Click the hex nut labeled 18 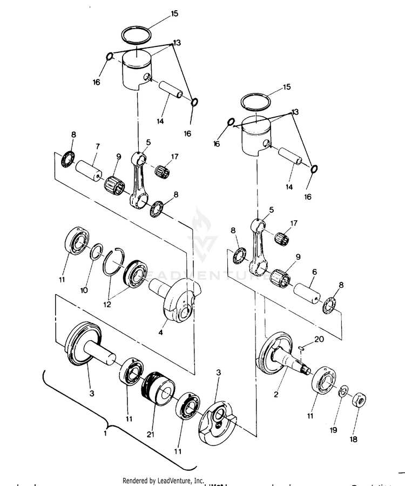[x=359, y=401]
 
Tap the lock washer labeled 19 [x=343, y=390]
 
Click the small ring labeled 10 [x=96, y=251]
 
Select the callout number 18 [x=353, y=440]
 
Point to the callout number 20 [x=319, y=340]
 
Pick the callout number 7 [x=97, y=146]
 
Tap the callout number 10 [x=84, y=290]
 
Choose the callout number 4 [x=160, y=333]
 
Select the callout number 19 [x=333, y=430]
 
